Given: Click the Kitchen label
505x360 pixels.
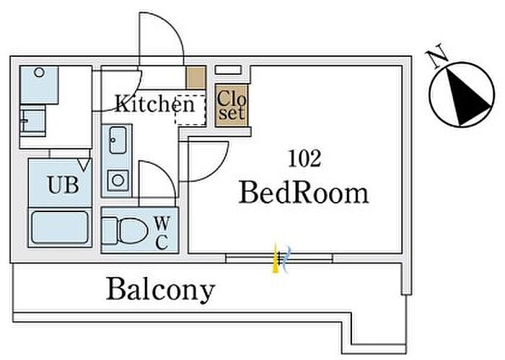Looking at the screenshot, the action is pyautogui.click(x=155, y=103).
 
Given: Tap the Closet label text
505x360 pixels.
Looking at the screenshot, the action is pyautogui.click(x=232, y=105).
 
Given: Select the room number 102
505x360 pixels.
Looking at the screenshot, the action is pyautogui.click(x=304, y=159).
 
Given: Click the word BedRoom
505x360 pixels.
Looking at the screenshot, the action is pyautogui.click(x=304, y=193).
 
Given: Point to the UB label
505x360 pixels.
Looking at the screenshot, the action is pyautogui.click(x=63, y=185).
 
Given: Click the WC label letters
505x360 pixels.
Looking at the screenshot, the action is pyautogui.click(x=162, y=233).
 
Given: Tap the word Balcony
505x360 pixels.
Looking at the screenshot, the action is pyautogui.click(x=160, y=289).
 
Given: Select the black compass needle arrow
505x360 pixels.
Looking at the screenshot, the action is pyautogui.click(x=466, y=97).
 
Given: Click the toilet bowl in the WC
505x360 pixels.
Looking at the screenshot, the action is pyautogui.click(x=133, y=231).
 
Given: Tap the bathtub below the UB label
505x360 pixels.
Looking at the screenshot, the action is pyautogui.click(x=60, y=227).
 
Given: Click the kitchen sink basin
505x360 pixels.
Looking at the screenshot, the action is pyautogui.click(x=118, y=140).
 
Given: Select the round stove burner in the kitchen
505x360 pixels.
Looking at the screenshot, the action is pyautogui.click(x=118, y=180).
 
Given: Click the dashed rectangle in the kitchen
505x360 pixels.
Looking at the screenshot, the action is pyautogui.click(x=190, y=110).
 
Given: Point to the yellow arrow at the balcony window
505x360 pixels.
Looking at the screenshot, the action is pyautogui.click(x=276, y=258).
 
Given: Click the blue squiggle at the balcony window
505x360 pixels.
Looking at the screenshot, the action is pyautogui.click(x=286, y=259).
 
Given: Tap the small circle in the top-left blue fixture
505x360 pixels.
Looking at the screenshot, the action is pyautogui.click(x=39, y=72).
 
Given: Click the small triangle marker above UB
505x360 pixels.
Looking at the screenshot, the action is pyautogui.click(x=84, y=165).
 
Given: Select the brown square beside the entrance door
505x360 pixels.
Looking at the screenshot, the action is pyautogui.click(x=196, y=77).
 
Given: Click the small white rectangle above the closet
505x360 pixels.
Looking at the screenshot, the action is pyautogui.click(x=228, y=69).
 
